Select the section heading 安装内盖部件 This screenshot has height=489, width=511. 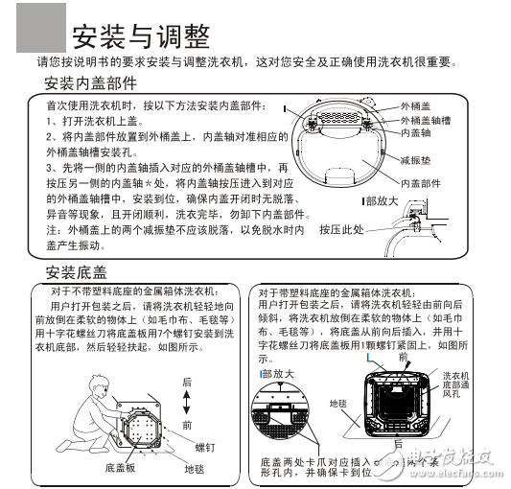point(100,84)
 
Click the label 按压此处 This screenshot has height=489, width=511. point(341,230)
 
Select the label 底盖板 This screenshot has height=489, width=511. point(122,468)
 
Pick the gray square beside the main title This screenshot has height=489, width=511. point(35,27)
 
